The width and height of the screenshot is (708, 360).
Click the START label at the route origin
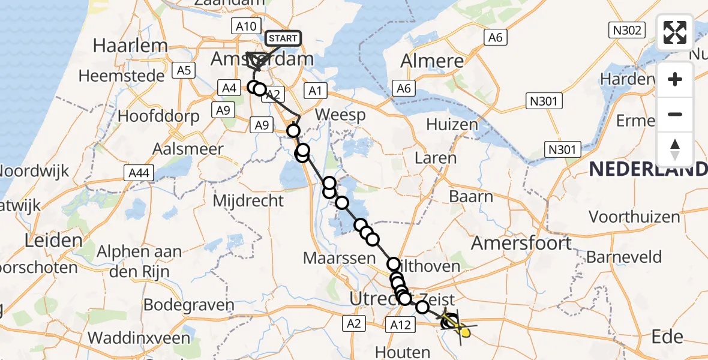click(283, 39)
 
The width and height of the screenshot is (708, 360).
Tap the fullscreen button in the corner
click(675, 32)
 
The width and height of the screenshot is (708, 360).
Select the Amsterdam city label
click(262, 59)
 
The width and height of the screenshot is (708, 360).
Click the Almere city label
click(432, 61)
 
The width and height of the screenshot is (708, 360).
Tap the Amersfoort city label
click(521, 243)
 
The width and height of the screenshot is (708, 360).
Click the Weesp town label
click(340, 115)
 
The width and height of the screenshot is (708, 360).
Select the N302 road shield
click(626, 31)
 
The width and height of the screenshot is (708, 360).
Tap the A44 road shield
click(138, 173)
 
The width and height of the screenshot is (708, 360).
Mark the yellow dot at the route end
click(464, 331)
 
